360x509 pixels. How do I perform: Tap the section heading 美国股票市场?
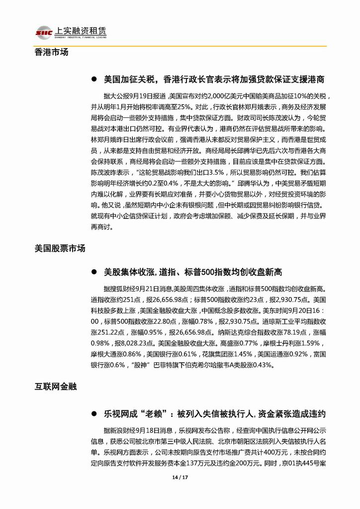60,248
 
